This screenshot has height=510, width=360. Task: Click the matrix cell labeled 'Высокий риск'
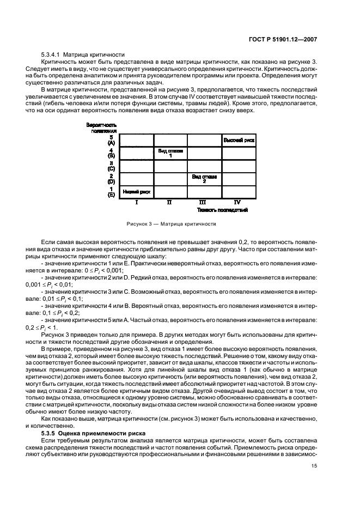pos(239,141)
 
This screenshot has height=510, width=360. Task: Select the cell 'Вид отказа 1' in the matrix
pos(170,153)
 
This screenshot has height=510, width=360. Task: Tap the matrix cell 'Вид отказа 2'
pos(204,179)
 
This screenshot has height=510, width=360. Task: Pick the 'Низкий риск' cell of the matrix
pos(136,191)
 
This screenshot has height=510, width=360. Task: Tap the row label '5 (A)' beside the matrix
pos(111,140)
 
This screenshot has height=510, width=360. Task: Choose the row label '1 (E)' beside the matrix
pos(111,191)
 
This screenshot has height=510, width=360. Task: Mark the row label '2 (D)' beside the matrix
pos(111,179)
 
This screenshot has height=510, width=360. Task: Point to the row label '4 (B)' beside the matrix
pos(111,153)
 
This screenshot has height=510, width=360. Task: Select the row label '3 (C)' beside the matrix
pos(111,166)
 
